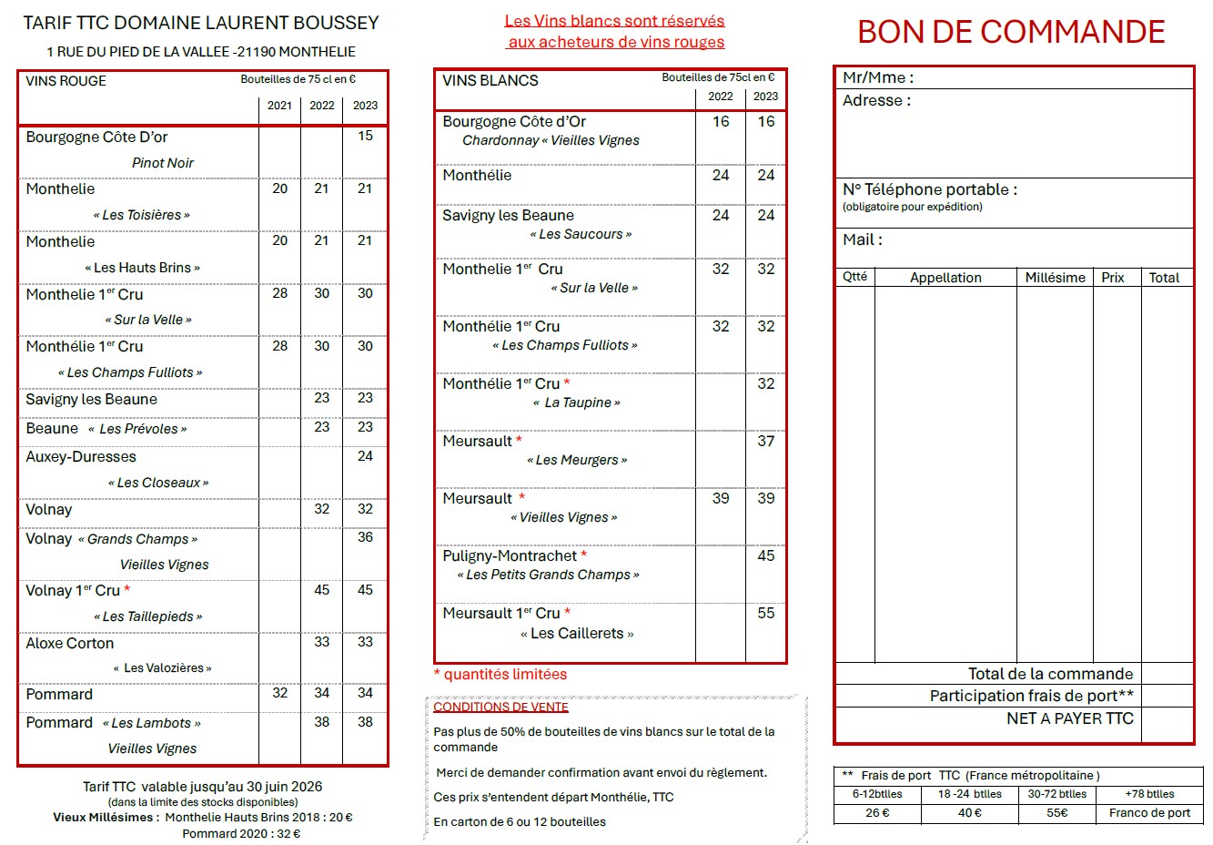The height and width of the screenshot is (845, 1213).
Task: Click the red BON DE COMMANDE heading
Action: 1011,32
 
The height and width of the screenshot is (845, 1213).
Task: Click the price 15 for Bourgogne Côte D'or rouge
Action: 365,136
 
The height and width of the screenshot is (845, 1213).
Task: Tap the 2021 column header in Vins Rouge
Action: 279,106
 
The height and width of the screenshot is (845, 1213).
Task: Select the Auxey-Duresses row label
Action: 81,457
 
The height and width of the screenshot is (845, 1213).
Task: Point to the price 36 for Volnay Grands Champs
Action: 365,537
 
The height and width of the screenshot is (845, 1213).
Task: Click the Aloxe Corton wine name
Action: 70,643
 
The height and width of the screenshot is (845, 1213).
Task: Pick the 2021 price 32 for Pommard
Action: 279,693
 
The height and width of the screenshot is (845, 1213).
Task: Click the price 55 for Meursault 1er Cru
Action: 766,613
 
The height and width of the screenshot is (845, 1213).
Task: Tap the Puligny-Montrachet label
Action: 510,555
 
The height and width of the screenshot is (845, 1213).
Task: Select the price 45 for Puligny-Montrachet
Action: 766,555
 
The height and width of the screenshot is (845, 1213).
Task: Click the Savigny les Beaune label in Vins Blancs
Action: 508,216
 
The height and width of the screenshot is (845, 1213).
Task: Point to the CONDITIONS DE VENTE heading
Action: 500,707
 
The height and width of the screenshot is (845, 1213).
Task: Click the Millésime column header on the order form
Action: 1055,278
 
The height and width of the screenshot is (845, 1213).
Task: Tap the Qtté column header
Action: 854,277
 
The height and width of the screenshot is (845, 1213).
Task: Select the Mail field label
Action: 862,240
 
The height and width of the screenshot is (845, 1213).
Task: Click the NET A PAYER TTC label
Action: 1069,718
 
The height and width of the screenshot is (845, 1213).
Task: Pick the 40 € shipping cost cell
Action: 969,813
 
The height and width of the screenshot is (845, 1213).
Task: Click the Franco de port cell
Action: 1149,813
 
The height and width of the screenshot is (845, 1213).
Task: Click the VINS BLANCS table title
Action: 490,81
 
